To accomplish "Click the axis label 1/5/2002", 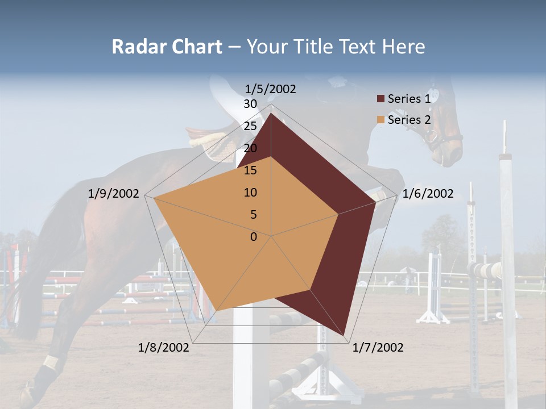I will click(270, 89).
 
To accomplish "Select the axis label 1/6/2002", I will click(428, 194).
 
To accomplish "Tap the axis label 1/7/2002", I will click(378, 348).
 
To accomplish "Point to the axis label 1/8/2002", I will click(164, 348).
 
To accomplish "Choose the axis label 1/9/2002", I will click(114, 194).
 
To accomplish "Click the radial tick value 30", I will click(250, 104).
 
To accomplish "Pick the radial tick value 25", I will click(250, 126).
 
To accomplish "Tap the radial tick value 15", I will click(250, 170).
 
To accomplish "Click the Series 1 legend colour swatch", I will click(380, 99).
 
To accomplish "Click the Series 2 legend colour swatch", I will click(380, 120).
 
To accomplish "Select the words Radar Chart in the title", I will click(167, 47).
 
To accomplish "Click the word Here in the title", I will click(403, 47).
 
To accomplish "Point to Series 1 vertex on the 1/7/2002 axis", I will click(345, 335).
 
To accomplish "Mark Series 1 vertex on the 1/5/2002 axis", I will click(271, 114).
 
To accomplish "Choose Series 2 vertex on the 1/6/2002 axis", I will click(338, 215).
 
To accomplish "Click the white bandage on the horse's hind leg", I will click(51, 362).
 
